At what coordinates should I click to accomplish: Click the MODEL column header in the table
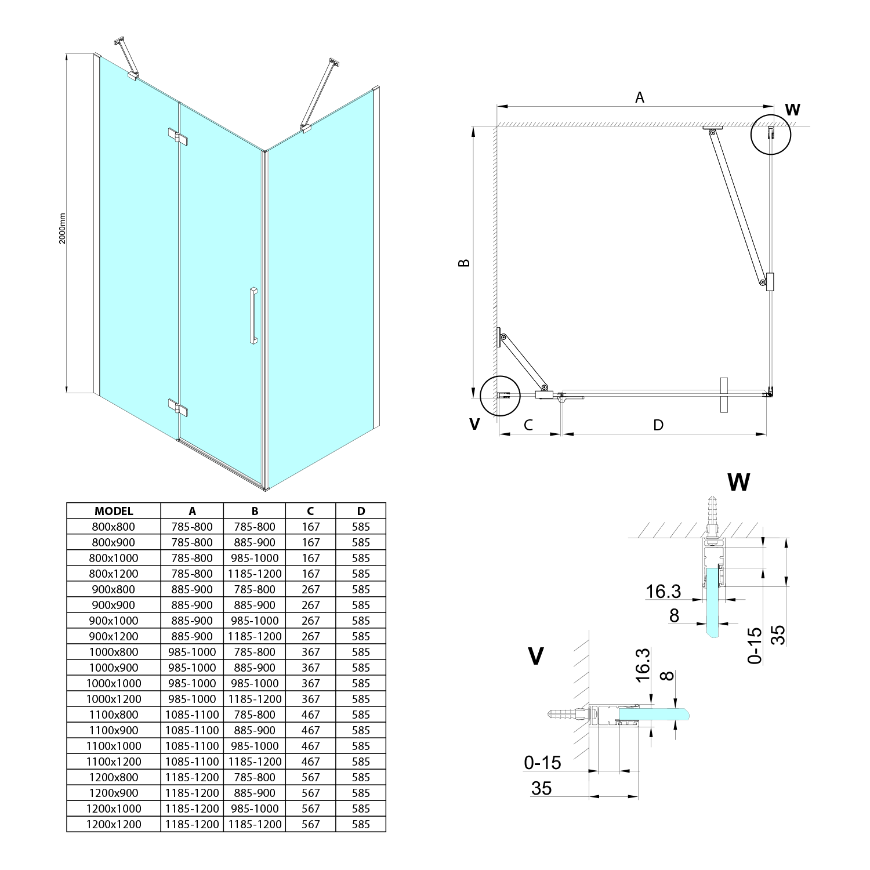pyautogui.click(x=114, y=511)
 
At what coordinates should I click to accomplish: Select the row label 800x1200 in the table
pyautogui.click(x=114, y=574)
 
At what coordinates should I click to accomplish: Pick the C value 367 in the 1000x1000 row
pyautogui.click(x=310, y=683)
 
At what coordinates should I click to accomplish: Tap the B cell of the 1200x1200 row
pyautogui.click(x=255, y=824)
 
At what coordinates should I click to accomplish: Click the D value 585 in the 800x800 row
pyautogui.click(x=361, y=527)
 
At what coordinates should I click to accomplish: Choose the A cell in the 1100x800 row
pyautogui.click(x=192, y=715)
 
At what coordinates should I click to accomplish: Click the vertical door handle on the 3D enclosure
pyautogui.click(x=253, y=316)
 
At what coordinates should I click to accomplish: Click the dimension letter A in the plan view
pyautogui.click(x=639, y=97)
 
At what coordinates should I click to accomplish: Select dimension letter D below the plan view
pyautogui.click(x=658, y=425)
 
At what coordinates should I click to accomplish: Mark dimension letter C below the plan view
pyautogui.click(x=528, y=425)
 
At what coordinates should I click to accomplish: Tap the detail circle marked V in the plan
pyautogui.click(x=501, y=396)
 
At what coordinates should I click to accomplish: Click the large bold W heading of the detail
pyautogui.click(x=738, y=482)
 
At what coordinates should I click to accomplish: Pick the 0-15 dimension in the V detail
pyautogui.click(x=542, y=762)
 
